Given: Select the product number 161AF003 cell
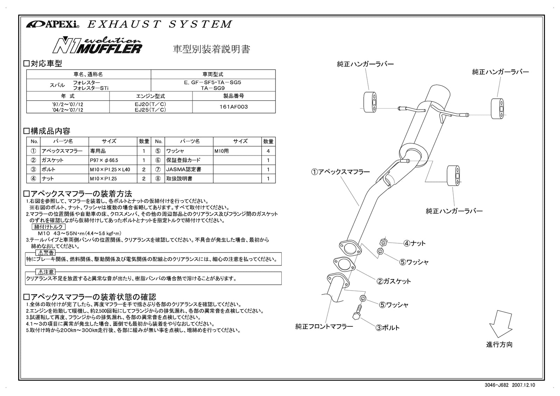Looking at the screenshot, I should point(234,107).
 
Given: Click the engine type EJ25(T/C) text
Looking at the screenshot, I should point(150,110).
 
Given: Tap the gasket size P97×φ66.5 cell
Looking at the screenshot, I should point(104,160).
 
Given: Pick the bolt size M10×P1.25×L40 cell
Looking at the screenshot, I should point(110,169).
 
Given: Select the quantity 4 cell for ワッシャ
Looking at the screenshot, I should point(268,151).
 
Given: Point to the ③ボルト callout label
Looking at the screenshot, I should point(387,328).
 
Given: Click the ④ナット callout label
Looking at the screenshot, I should point(414,243).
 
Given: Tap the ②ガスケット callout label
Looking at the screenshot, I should point(394,281).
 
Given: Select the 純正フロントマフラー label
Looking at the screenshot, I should point(324,326).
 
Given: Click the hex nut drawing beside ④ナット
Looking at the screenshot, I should point(383,242).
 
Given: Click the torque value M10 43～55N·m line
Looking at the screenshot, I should point(79,233).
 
